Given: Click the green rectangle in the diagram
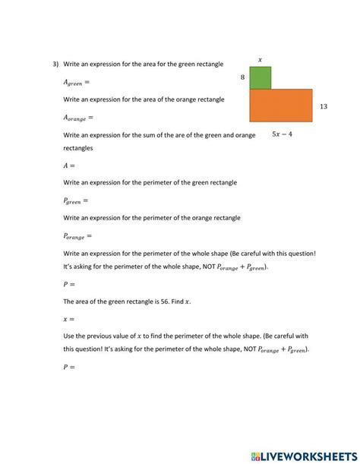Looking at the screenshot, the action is coord(260,77).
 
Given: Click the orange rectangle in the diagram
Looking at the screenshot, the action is coord(280,106).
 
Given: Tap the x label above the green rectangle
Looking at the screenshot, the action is coord(261,59).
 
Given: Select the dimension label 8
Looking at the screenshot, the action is coord(242,77).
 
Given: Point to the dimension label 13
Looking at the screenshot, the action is coord(324,107).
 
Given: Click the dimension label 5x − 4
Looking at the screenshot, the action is coord(282,134).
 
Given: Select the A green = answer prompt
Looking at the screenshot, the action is coord(76,82).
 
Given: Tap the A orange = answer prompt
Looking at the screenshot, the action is coord(78,118).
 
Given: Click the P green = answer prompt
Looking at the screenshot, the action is coord(76,200).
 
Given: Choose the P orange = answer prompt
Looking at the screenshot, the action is coord(77,236).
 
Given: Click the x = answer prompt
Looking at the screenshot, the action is coord(69,319).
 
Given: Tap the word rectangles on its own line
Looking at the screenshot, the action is coord(78,148).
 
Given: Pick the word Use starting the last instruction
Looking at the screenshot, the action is coord(69,336).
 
